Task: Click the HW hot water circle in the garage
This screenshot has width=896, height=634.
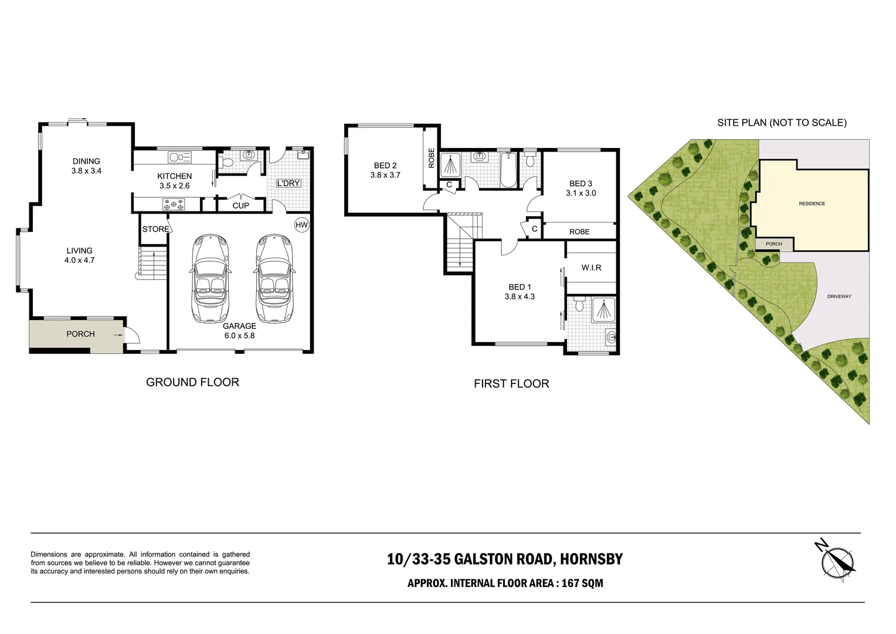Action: pyautogui.click(x=301, y=225)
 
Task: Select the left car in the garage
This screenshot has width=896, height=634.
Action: pyautogui.click(x=209, y=278)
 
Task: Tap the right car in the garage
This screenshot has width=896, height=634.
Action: pyautogui.click(x=274, y=278)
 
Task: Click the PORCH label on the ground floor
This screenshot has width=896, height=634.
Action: pyautogui.click(x=80, y=334)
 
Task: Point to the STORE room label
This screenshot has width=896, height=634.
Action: pyautogui.click(x=155, y=229)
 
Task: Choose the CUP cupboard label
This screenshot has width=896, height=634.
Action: pyautogui.click(x=240, y=205)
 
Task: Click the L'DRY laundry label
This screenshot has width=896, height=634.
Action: pyautogui.click(x=288, y=183)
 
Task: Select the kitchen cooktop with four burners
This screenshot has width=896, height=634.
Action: pyautogui.click(x=174, y=205)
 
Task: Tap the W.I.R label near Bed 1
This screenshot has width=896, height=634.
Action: pyautogui.click(x=591, y=268)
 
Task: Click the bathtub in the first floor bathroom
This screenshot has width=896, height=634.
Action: pyautogui.click(x=508, y=170)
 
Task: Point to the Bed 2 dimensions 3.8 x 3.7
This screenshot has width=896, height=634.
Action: pyautogui.click(x=385, y=175)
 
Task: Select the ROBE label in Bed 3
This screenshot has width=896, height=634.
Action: pyautogui.click(x=579, y=232)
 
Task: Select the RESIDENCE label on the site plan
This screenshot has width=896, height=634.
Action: pyautogui.click(x=812, y=204)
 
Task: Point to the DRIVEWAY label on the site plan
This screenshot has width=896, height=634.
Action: pyautogui.click(x=839, y=296)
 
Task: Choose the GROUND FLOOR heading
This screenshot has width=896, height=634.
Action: pyautogui.click(x=192, y=382)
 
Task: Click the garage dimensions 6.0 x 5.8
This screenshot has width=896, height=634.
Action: pyautogui.click(x=239, y=336)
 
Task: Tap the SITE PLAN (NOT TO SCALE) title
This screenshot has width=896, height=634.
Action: pyautogui.click(x=782, y=123)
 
